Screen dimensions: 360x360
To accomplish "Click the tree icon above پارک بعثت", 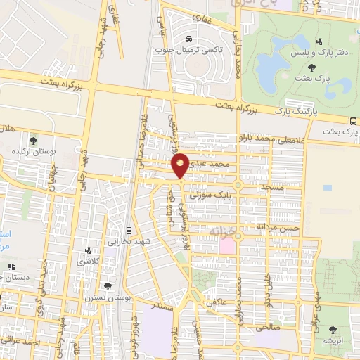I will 311,67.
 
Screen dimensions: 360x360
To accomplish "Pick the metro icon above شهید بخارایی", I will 128,231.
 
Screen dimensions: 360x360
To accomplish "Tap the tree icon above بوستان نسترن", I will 107,286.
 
